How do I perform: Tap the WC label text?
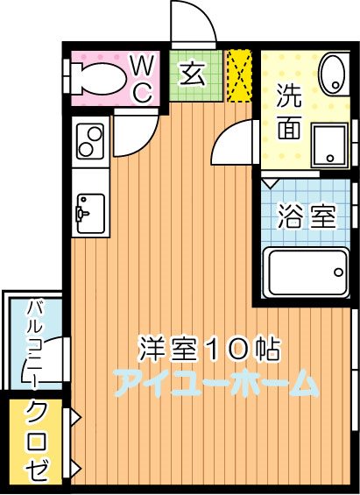tap(142, 77)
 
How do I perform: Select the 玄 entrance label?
tap(192, 74)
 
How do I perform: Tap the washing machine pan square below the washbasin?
tap(331, 142)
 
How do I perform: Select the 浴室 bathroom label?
tap(307, 216)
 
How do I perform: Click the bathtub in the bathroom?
tap(305, 272)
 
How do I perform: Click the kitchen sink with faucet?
tap(90, 213)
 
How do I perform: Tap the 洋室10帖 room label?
tap(208, 349)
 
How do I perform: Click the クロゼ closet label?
tap(38, 442)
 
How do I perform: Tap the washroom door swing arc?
tap(231, 144)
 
